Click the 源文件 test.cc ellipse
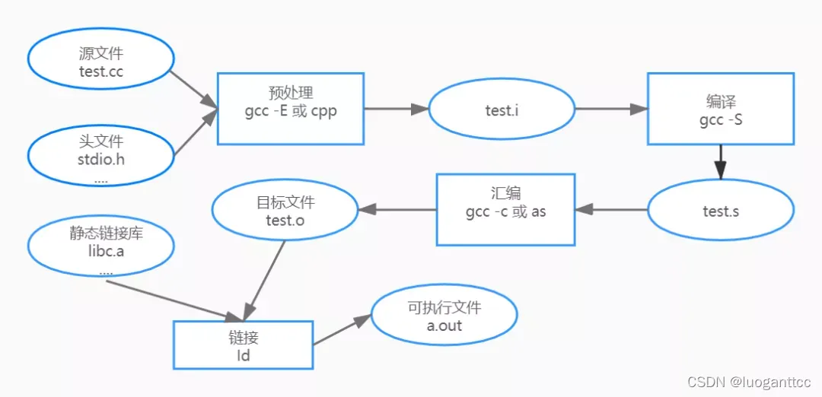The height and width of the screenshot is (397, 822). (101, 63)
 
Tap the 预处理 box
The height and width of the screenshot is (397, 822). (291, 108)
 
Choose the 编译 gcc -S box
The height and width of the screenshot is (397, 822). (720, 109)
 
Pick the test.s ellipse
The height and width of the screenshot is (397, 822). (720, 211)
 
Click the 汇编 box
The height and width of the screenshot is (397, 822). (506, 209)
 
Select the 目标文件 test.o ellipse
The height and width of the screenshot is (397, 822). (285, 212)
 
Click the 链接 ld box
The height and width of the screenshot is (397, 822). (244, 345)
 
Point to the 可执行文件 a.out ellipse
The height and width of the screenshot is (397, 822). (444, 316)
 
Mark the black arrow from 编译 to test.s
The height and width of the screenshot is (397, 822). (720, 161)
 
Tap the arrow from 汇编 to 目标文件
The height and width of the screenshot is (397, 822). (397, 209)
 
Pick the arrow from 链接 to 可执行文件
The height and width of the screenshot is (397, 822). (341, 331)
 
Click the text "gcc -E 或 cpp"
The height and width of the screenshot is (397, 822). (291, 113)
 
